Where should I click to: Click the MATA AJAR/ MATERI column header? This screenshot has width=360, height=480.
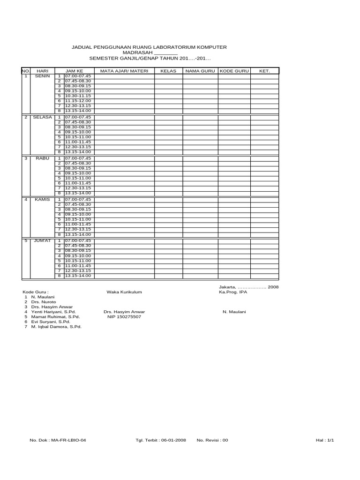[124, 71]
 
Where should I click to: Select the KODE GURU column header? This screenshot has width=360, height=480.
[233, 71]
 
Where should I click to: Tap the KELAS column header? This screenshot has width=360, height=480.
[168, 71]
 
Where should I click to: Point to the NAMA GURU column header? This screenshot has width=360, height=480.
[200, 71]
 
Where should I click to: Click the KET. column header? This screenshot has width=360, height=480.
[264, 71]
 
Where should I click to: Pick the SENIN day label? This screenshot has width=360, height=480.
[43, 76]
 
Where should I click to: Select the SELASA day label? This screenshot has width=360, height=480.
[42, 117]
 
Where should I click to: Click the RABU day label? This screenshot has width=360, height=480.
[43, 158]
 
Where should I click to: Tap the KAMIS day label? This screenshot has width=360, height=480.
[43, 199]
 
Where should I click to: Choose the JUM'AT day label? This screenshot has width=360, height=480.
[43, 240]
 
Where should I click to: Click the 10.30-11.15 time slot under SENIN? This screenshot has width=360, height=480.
[78, 96]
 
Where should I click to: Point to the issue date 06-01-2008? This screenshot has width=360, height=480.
[173, 441]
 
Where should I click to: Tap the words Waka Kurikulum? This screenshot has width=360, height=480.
[124, 292]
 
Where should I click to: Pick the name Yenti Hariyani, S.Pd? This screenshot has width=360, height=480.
[53, 311]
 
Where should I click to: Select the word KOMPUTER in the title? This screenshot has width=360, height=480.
[209, 47]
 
